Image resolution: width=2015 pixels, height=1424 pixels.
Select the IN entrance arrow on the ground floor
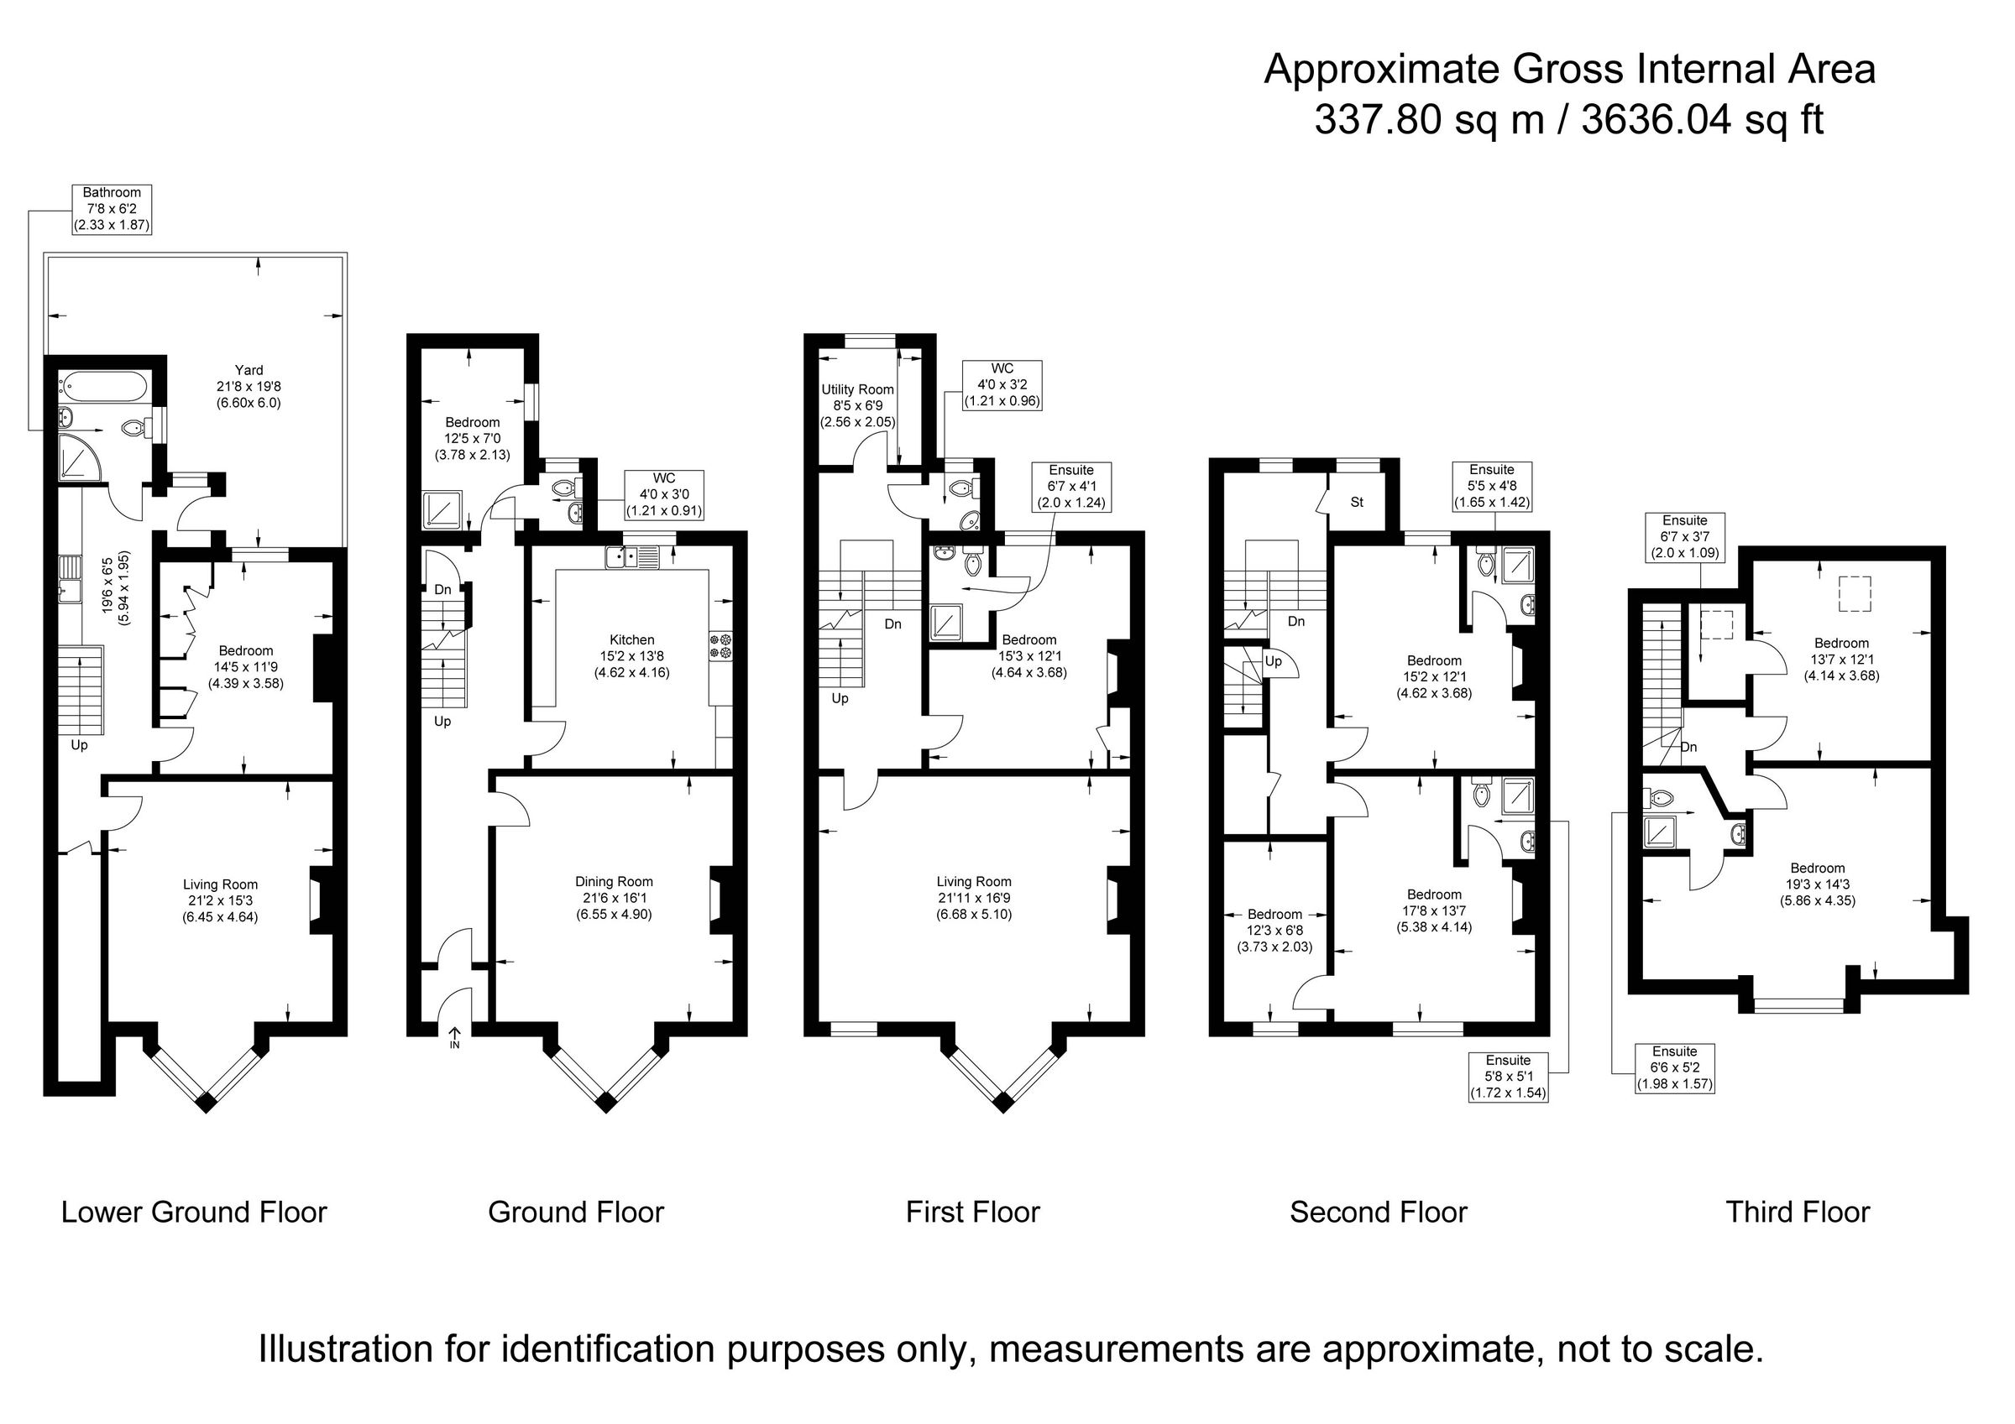point(454,1039)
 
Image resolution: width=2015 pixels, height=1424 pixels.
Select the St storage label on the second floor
point(1357,503)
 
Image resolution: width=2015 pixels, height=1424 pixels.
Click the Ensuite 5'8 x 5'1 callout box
point(1508,1077)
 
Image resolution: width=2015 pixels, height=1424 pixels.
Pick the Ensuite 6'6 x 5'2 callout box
point(1673,1067)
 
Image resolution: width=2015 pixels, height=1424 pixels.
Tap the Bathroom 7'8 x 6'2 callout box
point(112,209)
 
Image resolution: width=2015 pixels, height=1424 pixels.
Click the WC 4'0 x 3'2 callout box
point(1002,385)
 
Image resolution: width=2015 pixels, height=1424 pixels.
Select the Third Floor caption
point(1798,1213)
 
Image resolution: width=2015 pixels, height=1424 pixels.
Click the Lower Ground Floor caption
point(194,1213)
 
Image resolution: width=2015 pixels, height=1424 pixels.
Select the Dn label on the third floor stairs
point(1688,748)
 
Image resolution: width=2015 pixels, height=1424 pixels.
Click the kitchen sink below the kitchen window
point(631,556)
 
